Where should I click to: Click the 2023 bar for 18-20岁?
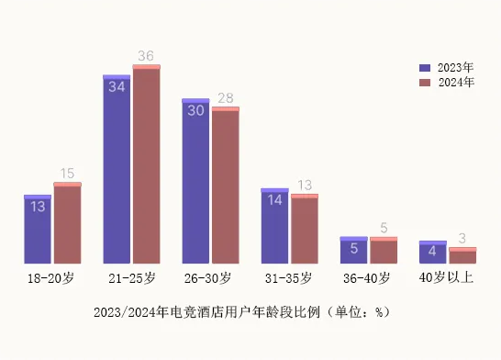38,230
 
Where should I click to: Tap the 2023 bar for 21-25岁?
117,169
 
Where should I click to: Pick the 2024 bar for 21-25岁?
146,164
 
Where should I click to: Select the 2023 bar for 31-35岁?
274,226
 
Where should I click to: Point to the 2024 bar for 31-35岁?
304,229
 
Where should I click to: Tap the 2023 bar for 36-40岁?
353,250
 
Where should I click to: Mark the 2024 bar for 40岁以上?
462,255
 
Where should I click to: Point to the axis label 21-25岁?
131,277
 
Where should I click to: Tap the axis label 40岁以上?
447,277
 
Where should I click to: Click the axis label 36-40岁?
368,277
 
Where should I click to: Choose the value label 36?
146,56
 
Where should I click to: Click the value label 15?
67,174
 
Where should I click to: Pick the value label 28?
225,98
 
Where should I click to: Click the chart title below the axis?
241,312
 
